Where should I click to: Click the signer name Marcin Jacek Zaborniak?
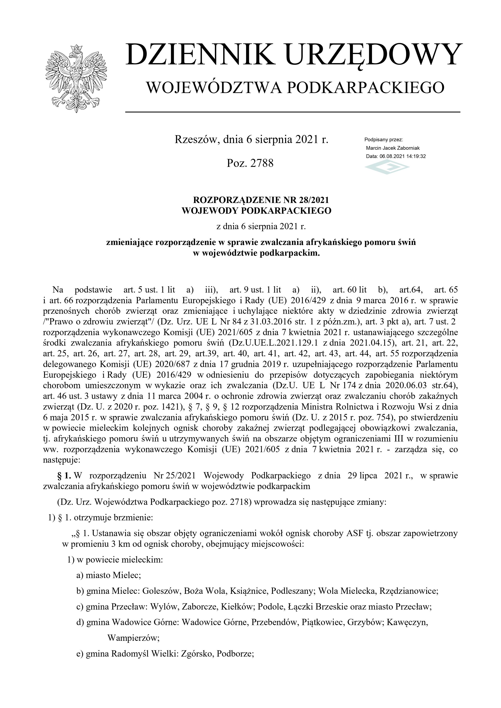point(393,148)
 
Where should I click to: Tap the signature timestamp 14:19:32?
point(416,156)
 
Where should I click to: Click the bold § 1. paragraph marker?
point(64,476)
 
